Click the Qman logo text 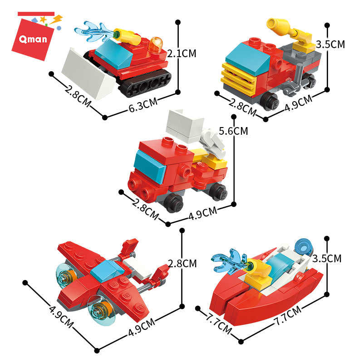click(x=33, y=39)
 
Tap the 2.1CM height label click(x=182, y=54)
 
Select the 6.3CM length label click(x=143, y=105)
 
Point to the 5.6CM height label click(x=233, y=131)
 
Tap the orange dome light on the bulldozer click(x=156, y=44)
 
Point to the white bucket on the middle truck click(x=185, y=126)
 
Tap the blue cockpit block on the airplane click(x=107, y=270)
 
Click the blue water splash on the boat click(x=230, y=260)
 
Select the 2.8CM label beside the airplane click(x=182, y=264)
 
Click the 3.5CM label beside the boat click(x=327, y=259)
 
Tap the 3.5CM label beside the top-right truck click(x=330, y=44)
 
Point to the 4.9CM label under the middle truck click(x=203, y=213)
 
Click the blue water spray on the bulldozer click(x=95, y=32)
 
